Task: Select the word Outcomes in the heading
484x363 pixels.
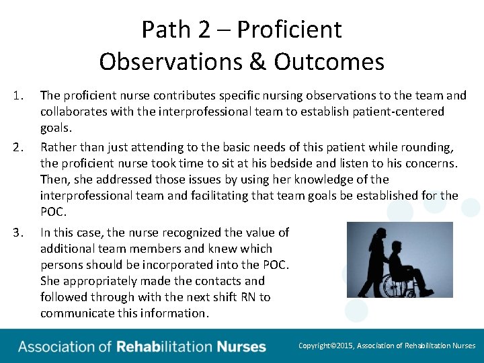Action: pos(329,62)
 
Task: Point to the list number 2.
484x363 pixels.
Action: pos(19,147)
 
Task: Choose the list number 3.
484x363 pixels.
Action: pos(19,233)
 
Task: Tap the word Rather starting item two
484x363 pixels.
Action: pos(58,147)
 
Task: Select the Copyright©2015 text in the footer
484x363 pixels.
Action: pos(325,346)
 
